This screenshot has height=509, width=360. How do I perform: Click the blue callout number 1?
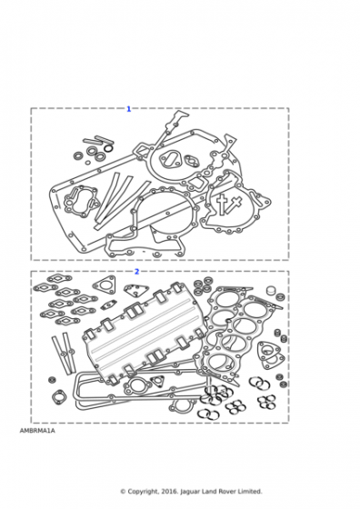tap(128, 109)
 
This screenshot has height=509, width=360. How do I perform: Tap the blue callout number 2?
tap(136, 272)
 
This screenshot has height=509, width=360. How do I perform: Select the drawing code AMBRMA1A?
tap(37, 431)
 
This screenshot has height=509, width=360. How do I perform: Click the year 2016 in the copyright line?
tap(168, 501)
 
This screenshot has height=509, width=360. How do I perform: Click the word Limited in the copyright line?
tap(250, 501)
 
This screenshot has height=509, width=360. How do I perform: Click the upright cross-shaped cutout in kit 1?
tap(222, 205)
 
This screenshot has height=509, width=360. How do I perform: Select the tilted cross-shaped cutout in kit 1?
tap(235, 205)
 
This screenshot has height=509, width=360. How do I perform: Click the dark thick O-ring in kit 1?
tap(109, 148)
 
